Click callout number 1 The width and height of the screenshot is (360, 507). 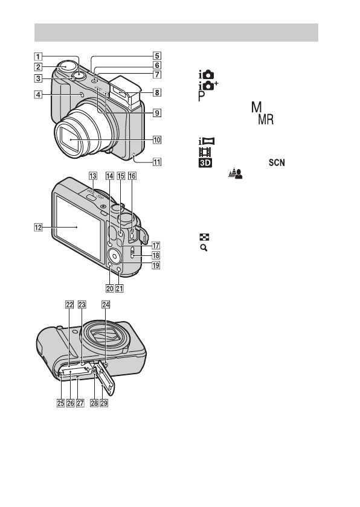coord(38,57)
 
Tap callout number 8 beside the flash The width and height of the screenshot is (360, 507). coord(157,92)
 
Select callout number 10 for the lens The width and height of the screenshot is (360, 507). coord(157,140)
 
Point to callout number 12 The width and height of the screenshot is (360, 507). coord(38,228)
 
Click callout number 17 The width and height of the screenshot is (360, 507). coord(156,246)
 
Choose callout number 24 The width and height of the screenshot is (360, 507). coord(106,305)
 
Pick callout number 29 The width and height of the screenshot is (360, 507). coord(104,403)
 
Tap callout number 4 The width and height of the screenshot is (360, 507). coord(38,95)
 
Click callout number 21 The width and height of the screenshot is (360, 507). coord(120,288)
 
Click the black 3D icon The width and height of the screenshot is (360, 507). coord(205,162)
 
